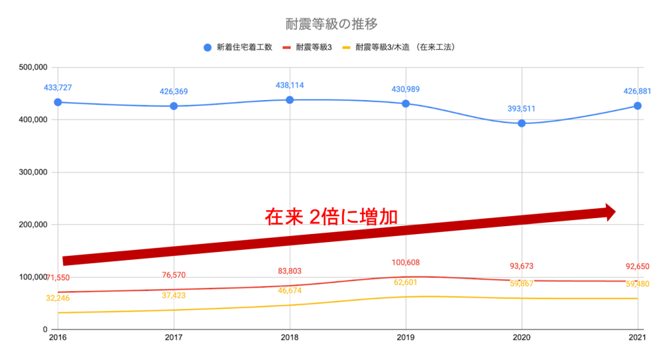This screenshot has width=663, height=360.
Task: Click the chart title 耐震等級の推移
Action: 331,25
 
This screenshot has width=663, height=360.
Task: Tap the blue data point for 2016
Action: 58,102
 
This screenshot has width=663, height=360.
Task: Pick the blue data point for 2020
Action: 522,123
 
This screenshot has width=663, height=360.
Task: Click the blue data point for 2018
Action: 290,99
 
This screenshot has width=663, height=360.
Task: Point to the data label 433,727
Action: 58,88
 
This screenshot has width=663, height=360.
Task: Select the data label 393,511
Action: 522,109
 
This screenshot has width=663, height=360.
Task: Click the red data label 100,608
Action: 405,263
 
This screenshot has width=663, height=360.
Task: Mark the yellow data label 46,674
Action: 290,290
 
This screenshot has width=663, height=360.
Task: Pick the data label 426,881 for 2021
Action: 637,91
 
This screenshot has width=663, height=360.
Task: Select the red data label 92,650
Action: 637,267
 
